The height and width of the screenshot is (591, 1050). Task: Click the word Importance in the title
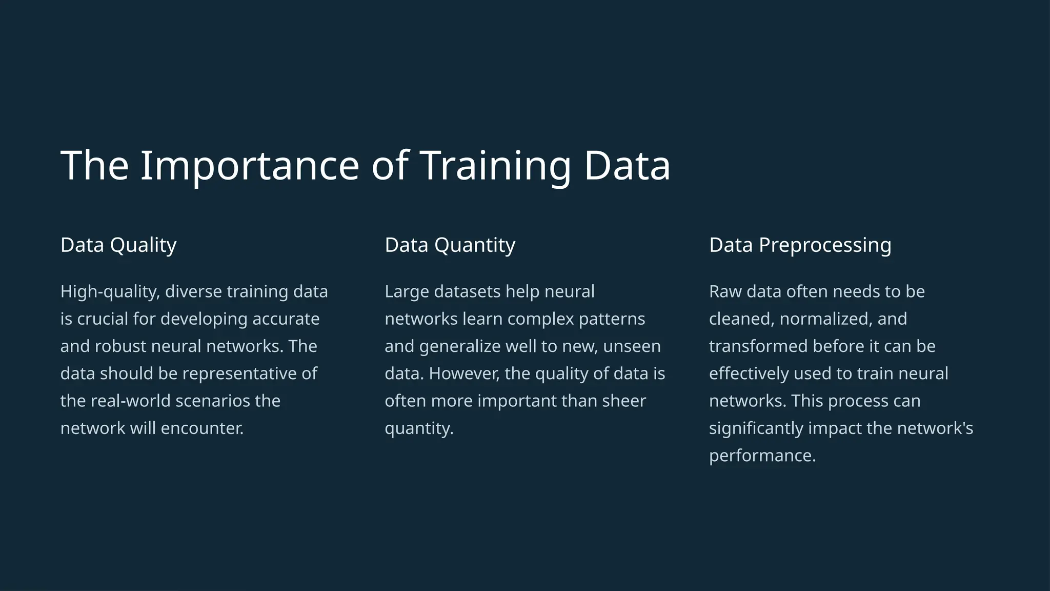point(250,166)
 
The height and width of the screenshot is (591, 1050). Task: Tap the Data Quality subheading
point(118,245)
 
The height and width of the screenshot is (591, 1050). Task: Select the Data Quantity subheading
point(450,245)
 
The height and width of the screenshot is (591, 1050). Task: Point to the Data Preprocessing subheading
point(800,245)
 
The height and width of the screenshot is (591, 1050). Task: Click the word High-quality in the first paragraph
point(110,292)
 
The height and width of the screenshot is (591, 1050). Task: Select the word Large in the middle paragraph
point(407,292)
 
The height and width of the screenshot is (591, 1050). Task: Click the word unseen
point(632,346)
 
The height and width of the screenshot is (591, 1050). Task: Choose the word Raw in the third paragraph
point(725,292)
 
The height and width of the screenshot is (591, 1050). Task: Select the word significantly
point(756,428)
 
